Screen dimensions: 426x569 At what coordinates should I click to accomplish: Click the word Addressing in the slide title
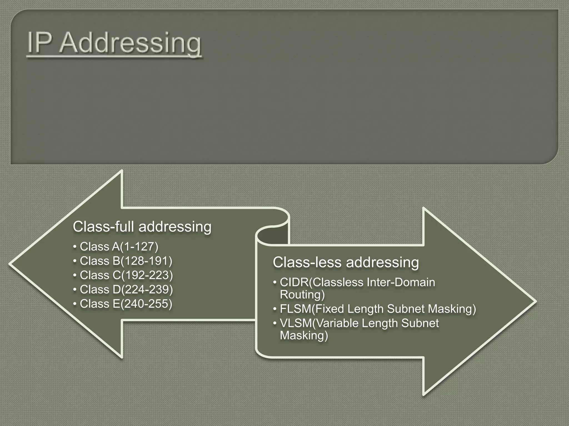(x=130, y=43)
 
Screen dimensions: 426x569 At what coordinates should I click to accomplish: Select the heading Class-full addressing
(x=142, y=227)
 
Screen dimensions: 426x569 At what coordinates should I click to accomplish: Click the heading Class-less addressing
(x=346, y=262)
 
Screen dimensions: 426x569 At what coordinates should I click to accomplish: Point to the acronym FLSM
(x=295, y=309)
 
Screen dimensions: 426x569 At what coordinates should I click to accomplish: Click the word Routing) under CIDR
(x=302, y=295)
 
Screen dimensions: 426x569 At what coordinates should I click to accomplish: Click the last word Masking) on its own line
(x=304, y=335)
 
